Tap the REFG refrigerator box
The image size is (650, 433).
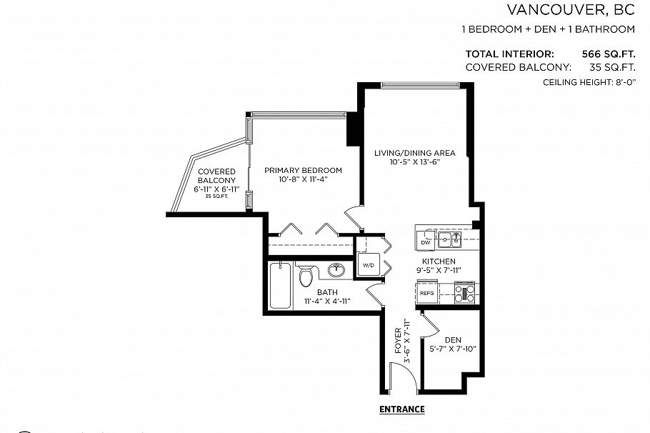tap(427, 293)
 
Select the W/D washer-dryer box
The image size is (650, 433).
tap(369, 265)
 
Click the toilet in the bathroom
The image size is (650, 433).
tap(306, 275)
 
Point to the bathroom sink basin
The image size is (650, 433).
tap(336, 271)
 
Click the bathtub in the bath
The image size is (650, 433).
tap(281, 285)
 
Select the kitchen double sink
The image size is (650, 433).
tap(450, 239)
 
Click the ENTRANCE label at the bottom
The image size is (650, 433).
tap(401, 409)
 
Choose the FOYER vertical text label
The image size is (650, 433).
tap(398, 342)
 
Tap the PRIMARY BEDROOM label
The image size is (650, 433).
tap(303, 170)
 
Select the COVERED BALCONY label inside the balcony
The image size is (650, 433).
tap(216, 176)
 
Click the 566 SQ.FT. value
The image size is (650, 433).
tap(609, 54)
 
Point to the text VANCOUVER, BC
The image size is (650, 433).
tap(570, 9)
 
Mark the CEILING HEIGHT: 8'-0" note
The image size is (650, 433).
tap(589, 84)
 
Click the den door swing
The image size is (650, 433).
tap(429, 326)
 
